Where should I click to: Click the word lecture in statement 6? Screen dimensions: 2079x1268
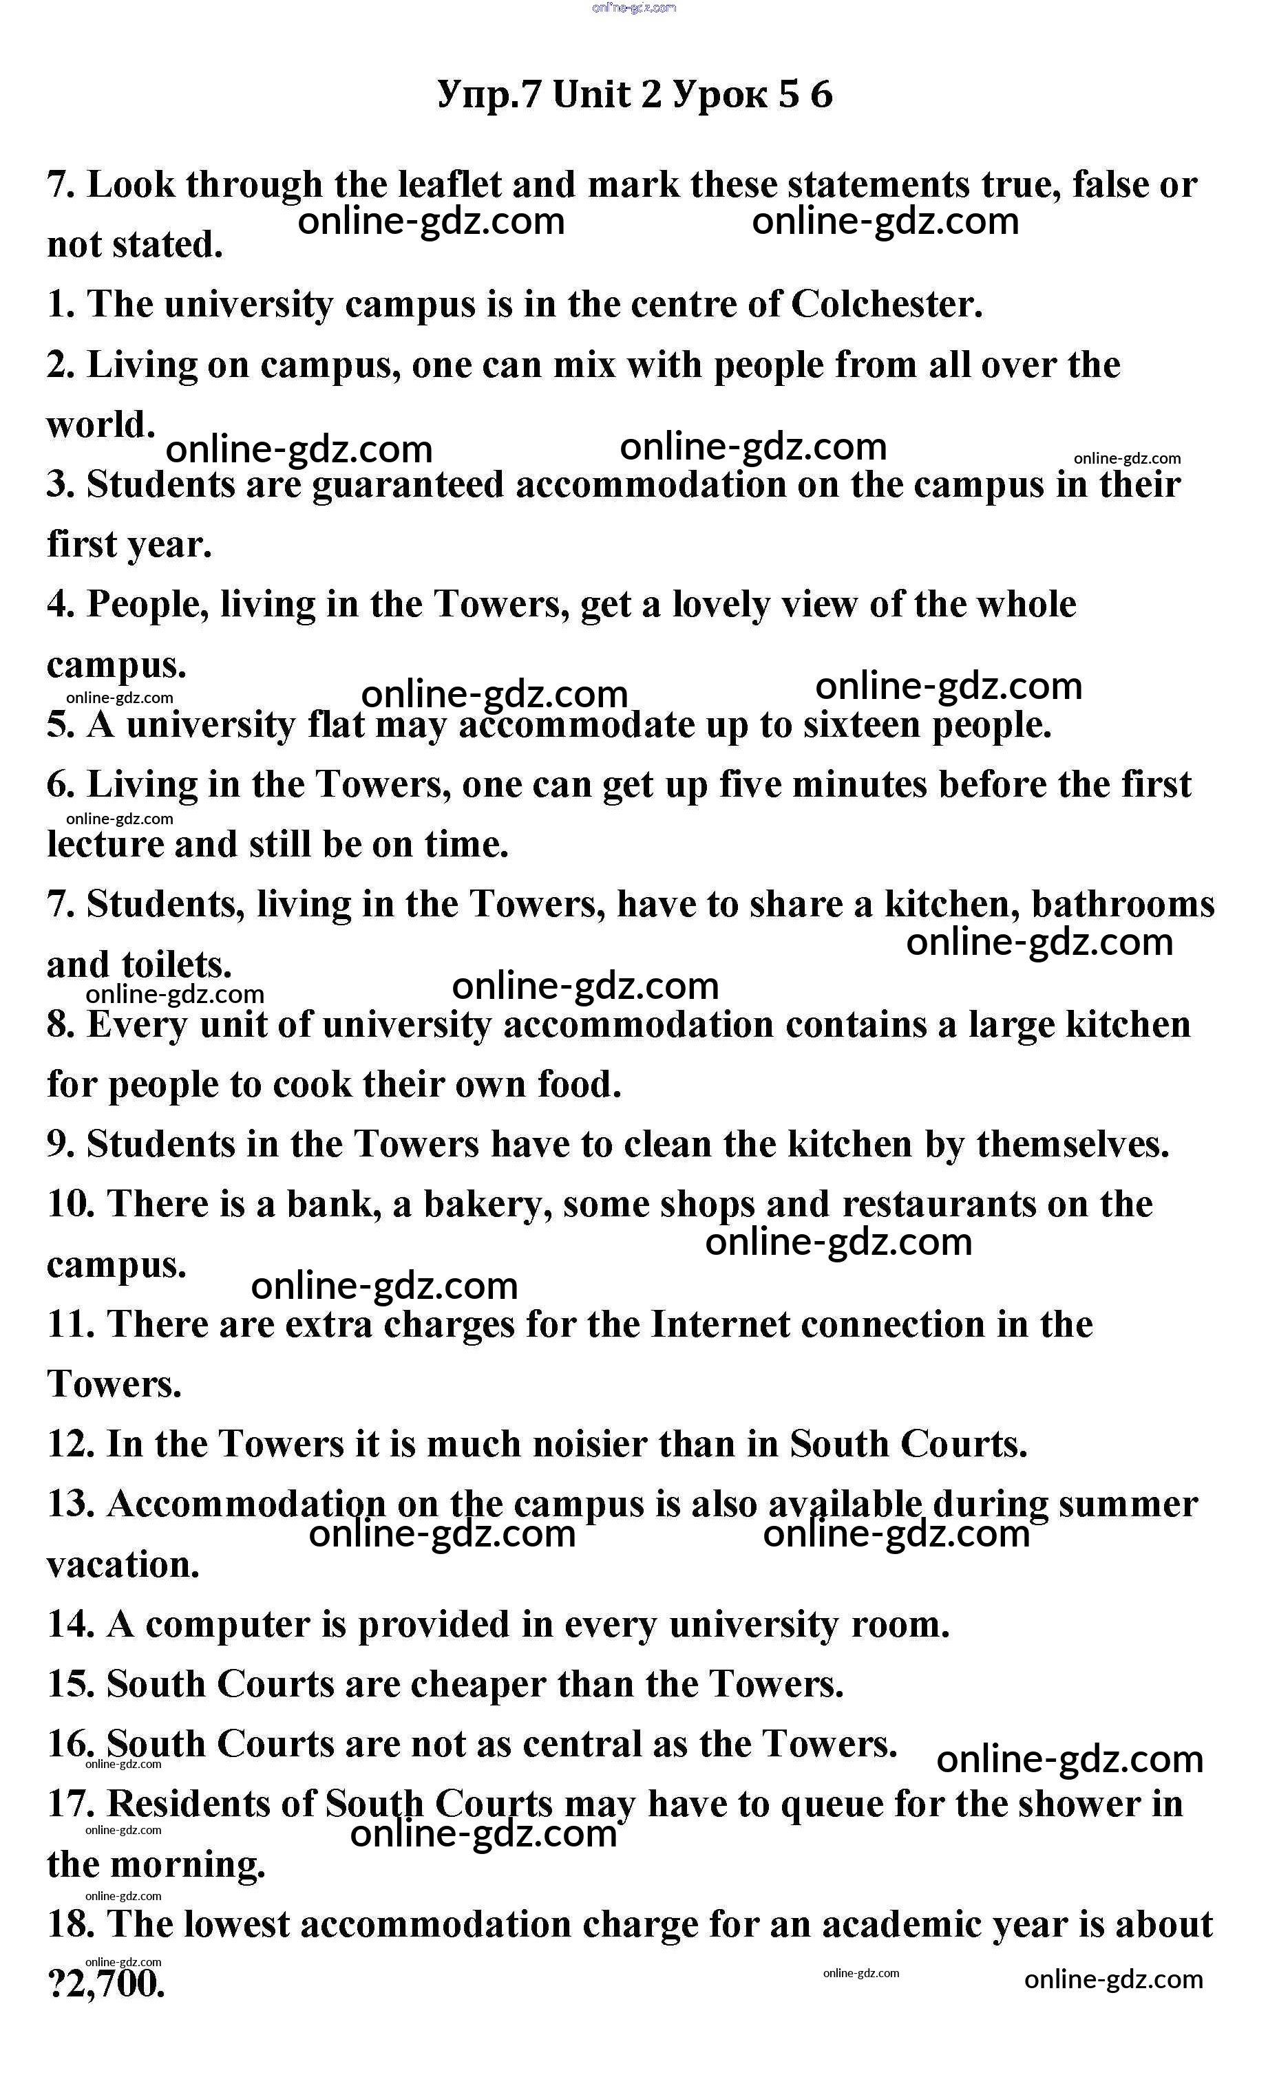[x=105, y=845]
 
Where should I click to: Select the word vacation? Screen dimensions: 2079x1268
[x=123, y=1565]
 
